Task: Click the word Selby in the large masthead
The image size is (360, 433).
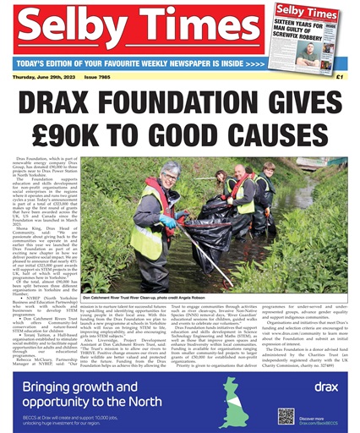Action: [x=74, y=30]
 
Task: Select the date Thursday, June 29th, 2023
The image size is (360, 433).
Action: [x=46, y=77]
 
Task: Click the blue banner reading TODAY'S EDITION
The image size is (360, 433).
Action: [x=144, y=63]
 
